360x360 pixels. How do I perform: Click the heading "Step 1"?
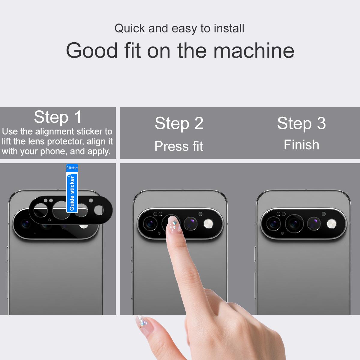pyautogui.click(x=58, y=117)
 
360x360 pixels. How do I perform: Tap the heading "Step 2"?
pyautogui.click(x=179, y=124)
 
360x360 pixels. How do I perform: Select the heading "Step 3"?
pyautogui.click(x=301, y=124)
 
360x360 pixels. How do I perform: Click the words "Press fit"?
pyautogui.click(x=179, y=146)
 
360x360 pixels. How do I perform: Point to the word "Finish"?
pyautogui.click(x=301, y=145)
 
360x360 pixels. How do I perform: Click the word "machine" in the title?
pyautogui.click(x=254, y=50)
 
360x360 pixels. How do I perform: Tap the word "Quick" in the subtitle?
pyautogui.click(x=130, y=28)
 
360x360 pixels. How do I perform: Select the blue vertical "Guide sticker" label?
pyautogui.click(x=72, y=189)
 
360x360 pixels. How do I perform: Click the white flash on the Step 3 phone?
pyautogui.click(x=331, y=224)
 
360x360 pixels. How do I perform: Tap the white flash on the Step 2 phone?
pyautogui.click(x=208, y=224)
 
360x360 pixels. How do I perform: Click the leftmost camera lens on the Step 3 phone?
pyautogui.click(x=273, y=223)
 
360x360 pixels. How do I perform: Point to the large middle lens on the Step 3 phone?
pyautogui.click(x=294, y=223)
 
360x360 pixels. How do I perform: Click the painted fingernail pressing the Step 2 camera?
pyautogui.click(x=175, y=224)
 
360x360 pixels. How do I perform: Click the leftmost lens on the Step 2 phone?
pyautogui.click(x=150, y=223)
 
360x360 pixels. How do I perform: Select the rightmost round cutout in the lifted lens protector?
pyautogui.click(x=99, y=210)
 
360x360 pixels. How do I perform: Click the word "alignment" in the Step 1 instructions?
pyautogui.click(x=55, y=132)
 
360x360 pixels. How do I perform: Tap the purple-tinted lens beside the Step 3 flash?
pyautogui.click(x=314, y=223)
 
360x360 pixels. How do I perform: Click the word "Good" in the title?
pyautogui.click(x=92, y=50)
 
